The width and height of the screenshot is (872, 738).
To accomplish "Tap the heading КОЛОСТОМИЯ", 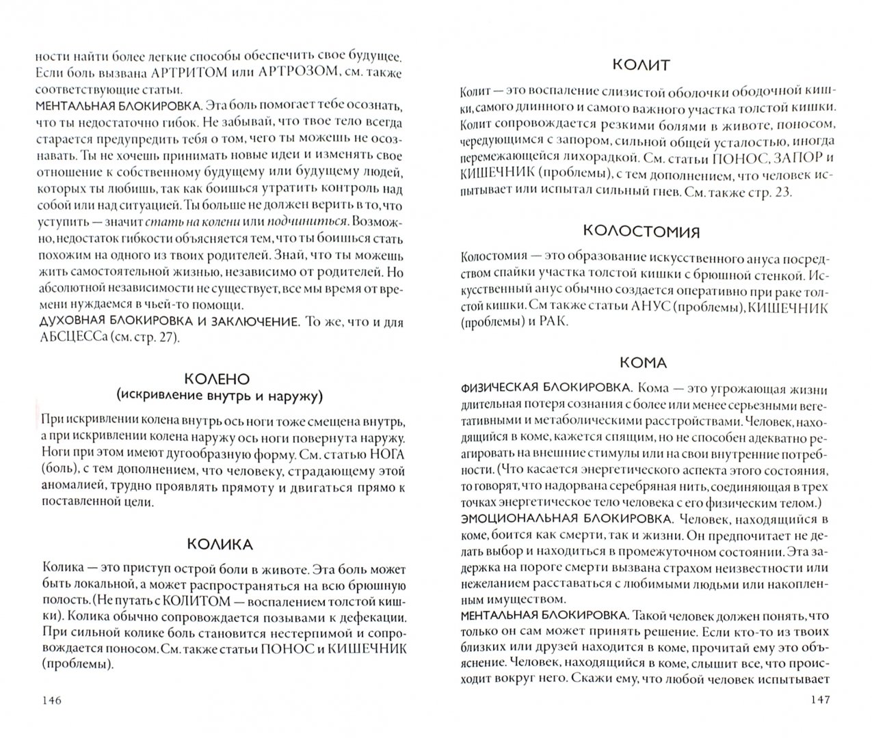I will [641, 231].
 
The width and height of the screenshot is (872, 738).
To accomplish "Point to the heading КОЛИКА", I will [220, 544].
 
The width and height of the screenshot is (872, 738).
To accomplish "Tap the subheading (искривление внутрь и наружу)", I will [219, 395].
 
